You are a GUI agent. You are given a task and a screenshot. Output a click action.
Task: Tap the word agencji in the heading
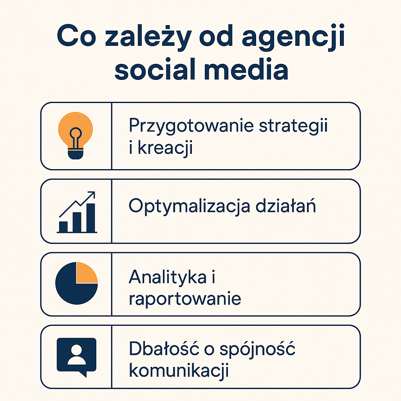tap(293, 37)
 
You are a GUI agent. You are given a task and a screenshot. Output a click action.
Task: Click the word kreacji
tap(165, 148)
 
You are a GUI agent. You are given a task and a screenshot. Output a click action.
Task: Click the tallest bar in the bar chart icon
tap(91, 218)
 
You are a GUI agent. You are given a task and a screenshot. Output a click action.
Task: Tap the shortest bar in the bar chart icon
tap(63, 227)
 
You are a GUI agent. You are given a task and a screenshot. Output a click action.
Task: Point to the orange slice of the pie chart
tap(86, 273)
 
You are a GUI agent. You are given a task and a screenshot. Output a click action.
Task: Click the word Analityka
tap(168, 277)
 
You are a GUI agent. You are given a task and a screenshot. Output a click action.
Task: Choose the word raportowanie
tap(185, 299)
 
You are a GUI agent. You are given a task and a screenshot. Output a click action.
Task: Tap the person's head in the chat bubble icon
tap(76, 350)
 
